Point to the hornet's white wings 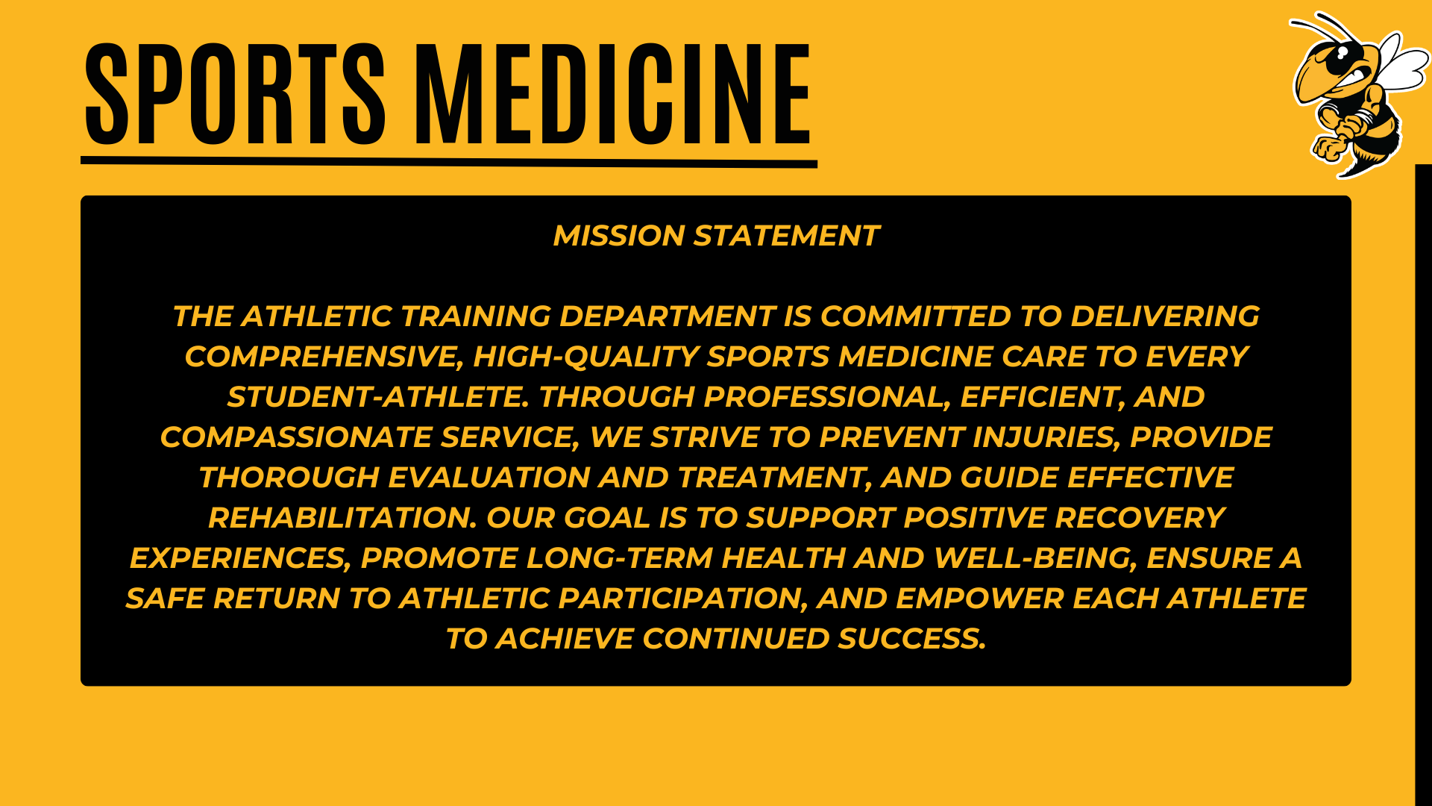[x=1401, y=63]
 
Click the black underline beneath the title [x=449, y=161]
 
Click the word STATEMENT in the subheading [x=787, y=236]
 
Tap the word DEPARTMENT [x=668, y=316]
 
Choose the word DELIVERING [x=1165, y=316]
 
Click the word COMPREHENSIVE [x=324, y=357]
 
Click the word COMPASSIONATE [x=296, y=437]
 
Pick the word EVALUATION [x=489, y=478]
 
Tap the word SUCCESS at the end [x=911, y=639]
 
